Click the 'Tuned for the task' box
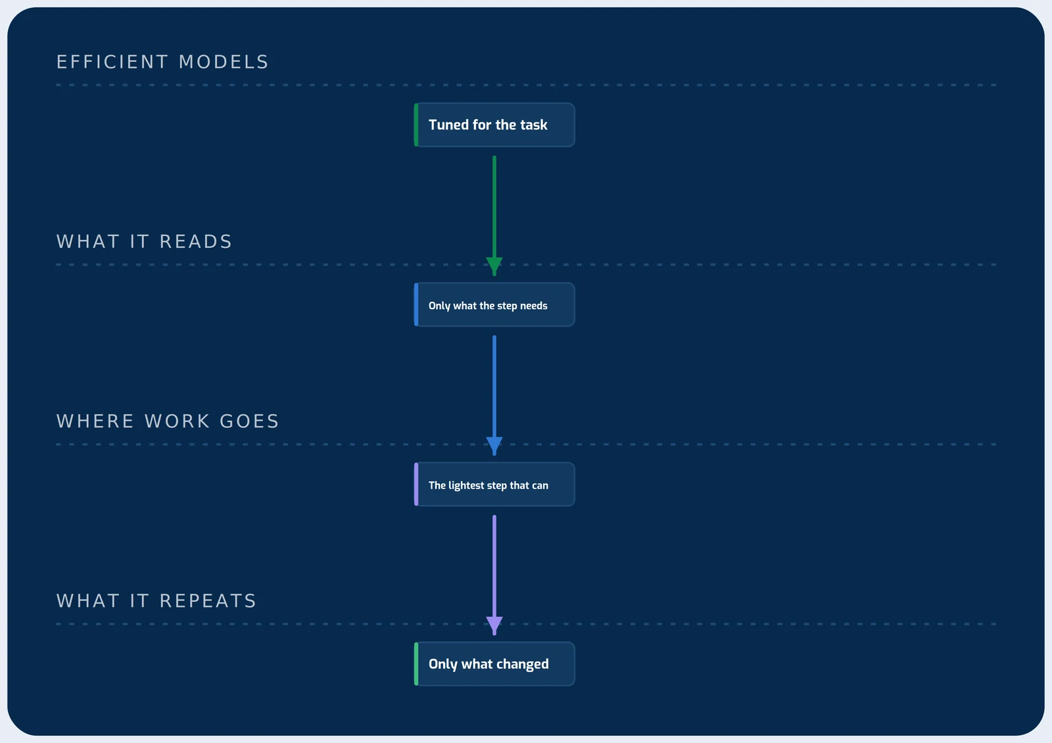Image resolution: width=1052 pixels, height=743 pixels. pos(494,125)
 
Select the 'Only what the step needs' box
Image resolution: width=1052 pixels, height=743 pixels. pos(494,305)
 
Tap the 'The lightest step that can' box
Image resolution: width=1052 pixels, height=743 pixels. pos(494,484)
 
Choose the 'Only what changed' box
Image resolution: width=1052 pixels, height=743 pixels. pos(494,664)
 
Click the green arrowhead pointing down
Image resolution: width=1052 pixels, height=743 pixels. pos(494,266)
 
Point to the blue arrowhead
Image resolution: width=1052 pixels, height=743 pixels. pos(494,445)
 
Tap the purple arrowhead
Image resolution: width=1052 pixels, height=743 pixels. pos(494,625)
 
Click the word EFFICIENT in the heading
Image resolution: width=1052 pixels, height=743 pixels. pos(112,62)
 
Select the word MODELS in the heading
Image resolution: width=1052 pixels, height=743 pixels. pos(224,62)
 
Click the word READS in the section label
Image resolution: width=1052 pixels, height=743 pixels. pos(196,241)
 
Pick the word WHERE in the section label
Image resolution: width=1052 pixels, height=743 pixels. pos(95,421)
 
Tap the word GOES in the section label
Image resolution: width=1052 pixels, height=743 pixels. pos(249,421)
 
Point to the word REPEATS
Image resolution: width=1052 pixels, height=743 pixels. pos(208,601)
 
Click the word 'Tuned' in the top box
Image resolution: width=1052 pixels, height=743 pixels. pos(448,125)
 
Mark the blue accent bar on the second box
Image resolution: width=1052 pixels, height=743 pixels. pos(416,305)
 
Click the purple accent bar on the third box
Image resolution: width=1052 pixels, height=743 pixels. pos(416,484)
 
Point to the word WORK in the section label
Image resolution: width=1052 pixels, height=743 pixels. pos(177,421)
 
